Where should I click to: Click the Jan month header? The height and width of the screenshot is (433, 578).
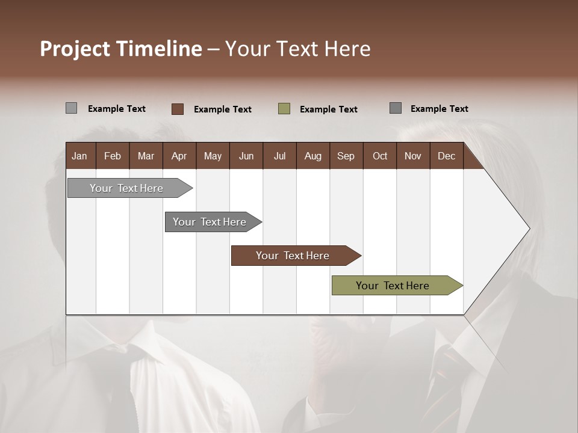[80, 156]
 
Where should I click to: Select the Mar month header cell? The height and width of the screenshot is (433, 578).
[146, 156]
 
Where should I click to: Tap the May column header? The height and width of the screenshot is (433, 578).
[213, 156]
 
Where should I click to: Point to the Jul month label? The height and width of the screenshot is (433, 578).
[279, 156]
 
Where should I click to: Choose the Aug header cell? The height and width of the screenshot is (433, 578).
[312, 156]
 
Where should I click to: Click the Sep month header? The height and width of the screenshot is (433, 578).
[346, 156]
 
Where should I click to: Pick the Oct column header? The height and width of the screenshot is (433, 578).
[379, 156]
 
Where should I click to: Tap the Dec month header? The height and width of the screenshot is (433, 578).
[446, 156]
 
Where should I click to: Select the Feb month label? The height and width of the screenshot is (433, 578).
[113, 156]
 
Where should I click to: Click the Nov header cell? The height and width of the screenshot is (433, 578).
[412, 156]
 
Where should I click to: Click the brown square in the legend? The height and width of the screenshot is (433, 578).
[177, 109]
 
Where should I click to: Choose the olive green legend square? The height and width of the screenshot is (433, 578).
[284, 109]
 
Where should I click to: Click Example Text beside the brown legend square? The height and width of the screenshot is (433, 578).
[222, 109]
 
